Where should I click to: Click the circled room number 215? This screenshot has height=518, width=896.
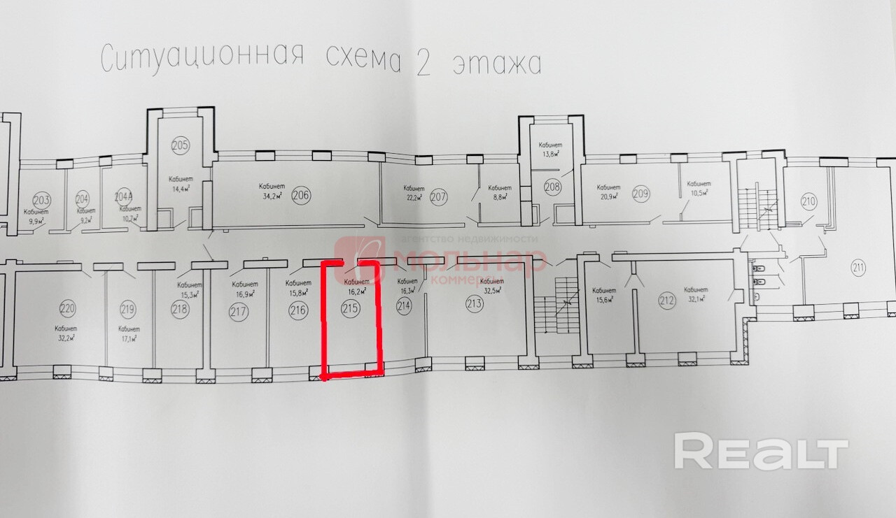(351, 308)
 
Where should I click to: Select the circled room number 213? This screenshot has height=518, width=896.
(475, 303)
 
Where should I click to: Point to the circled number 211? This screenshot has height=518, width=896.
(858, 266)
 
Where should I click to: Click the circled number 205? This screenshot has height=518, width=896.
(180, 145)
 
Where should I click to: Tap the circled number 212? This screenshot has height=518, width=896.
(666, 302)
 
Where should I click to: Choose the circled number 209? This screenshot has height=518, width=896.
(641, 194)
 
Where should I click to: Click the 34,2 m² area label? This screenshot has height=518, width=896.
(272, 197)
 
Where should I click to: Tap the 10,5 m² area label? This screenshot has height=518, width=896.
(698, 192)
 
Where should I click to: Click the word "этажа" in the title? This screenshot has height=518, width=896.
(498, 64)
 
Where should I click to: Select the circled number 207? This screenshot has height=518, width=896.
(439, 196)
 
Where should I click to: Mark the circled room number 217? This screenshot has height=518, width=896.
(238, 311)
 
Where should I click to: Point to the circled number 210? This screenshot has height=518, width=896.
(808, 203)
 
